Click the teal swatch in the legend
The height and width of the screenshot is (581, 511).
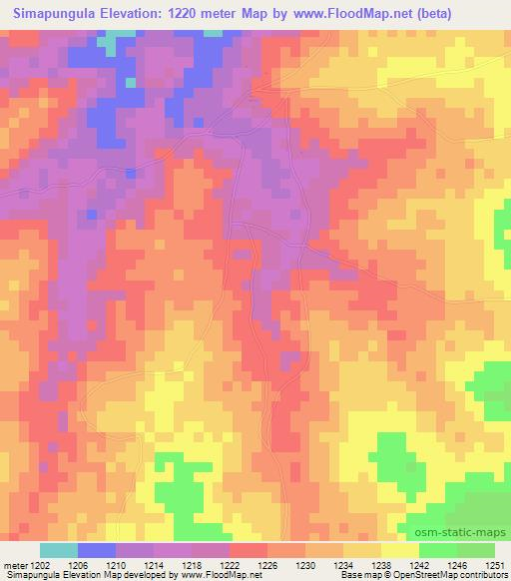click(59, 550)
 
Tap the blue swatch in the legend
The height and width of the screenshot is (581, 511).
click(97, 550)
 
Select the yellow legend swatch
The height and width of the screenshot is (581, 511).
click(399, 550)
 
